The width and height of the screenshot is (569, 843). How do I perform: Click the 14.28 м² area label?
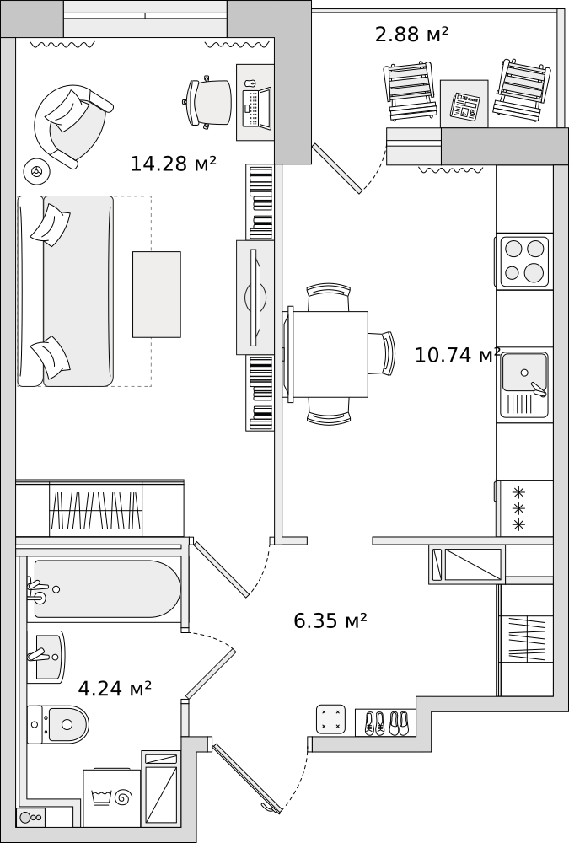click(173, 164)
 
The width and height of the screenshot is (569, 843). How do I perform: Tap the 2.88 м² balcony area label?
click(411, 35)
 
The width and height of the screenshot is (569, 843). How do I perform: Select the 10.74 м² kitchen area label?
click(457, 355)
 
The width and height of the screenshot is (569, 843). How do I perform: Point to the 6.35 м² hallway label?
click(330, 621)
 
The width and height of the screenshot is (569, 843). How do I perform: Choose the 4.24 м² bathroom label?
click(115, 689)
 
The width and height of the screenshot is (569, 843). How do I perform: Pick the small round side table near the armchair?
click(36, 171)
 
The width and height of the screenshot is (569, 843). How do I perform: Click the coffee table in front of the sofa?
click(156, 294)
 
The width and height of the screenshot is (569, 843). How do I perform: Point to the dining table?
click(329, 353)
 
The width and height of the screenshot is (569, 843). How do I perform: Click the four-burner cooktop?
click(523, 260)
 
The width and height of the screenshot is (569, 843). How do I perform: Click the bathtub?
click(105, 588)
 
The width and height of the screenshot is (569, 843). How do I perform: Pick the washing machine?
click(111, 797)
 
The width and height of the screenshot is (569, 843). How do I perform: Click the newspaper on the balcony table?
click(464, 106)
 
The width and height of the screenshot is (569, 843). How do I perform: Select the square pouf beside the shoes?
click(330, 719)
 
